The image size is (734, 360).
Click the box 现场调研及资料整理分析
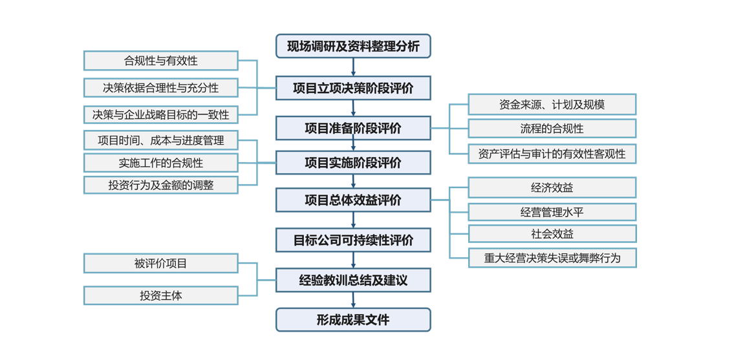tap(353, 47)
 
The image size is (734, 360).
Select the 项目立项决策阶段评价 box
tap(353, 88)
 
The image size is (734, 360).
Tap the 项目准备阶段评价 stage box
tap(353, 128)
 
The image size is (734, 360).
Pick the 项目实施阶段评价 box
tap(353, 163)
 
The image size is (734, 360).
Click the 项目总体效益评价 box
tap(353, 200)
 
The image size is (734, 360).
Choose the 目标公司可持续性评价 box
tap(353, 240)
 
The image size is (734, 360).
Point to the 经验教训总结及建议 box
tap(353, 281)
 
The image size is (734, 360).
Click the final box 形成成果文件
tap(353, 320)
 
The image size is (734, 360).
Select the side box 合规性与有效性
tap(161, 61)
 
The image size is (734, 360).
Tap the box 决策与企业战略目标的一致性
tap(161, 114)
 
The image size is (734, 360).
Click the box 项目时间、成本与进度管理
tap(161, 140)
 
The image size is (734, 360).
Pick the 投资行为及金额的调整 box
tap(161, 185)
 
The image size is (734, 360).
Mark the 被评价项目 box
tap(161, 263)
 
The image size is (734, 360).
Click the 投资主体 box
tap(161, 295)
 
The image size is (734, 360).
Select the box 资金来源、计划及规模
tap(552, 105)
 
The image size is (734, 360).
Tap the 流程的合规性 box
tap(552, 129)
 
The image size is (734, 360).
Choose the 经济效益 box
tap(552, 188)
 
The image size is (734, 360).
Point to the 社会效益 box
tap(552, 234)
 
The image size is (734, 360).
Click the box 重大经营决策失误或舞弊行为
tap(552, 258)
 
